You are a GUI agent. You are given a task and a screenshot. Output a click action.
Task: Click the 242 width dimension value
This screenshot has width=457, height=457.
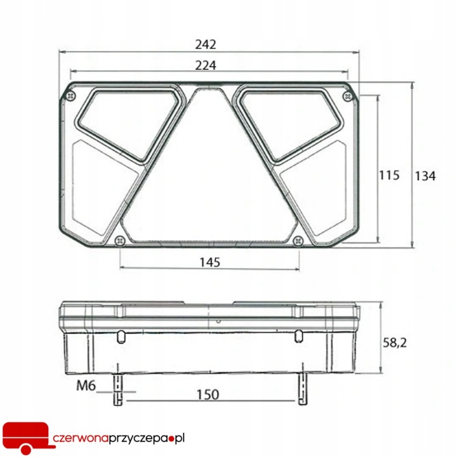pos(206,44)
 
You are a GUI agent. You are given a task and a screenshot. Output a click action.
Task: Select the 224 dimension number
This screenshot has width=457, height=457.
pos(206,65)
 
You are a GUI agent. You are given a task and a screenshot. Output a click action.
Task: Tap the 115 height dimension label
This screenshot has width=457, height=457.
pos(389,175)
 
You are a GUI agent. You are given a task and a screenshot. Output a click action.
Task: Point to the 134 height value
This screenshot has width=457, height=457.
pos(425,176)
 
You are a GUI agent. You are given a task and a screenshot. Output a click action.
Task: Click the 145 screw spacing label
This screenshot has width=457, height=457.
pos(209,262)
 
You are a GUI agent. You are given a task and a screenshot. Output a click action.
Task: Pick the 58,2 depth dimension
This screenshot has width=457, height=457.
pos(395,343)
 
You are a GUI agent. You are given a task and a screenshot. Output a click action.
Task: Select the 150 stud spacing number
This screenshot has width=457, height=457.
pos(208,395)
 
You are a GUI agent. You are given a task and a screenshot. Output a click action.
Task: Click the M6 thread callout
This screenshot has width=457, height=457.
pos(86,386)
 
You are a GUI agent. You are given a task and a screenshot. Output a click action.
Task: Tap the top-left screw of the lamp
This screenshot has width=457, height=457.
pos(70,96)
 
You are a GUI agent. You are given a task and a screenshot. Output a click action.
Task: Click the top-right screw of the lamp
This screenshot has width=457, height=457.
pos(347,96)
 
